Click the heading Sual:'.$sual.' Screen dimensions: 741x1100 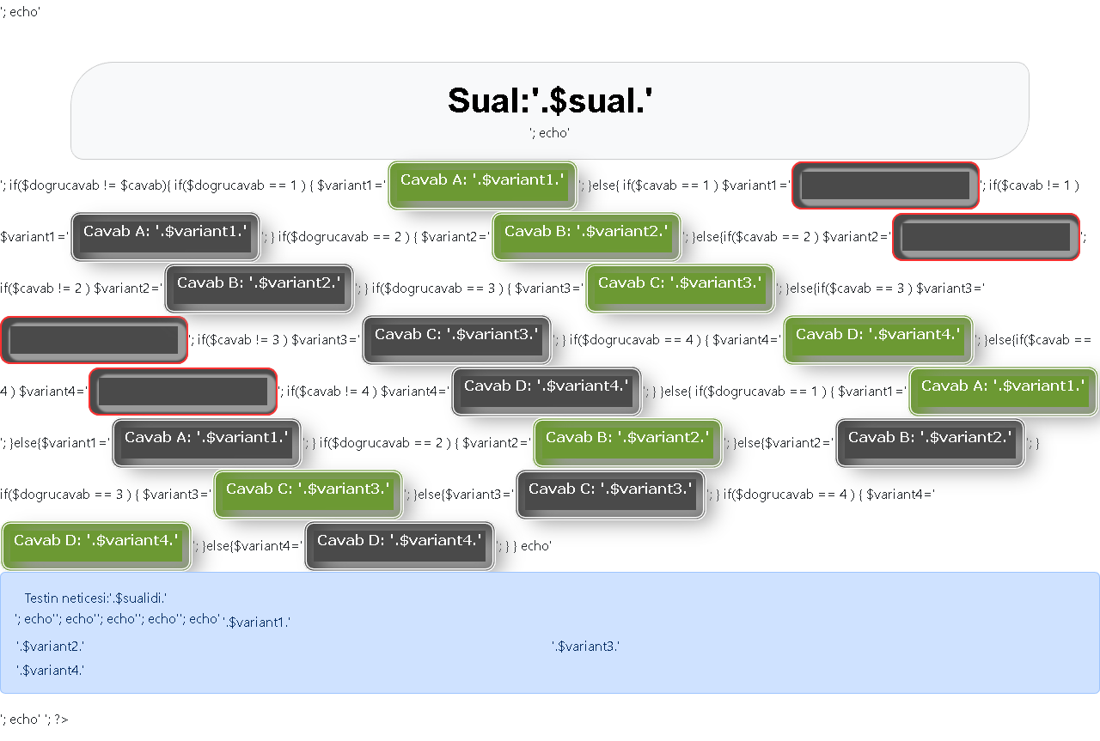550,101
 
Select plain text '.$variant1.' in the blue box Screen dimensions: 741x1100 258,622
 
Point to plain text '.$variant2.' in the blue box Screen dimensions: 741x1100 50,646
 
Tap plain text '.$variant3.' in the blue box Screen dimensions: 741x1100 586,646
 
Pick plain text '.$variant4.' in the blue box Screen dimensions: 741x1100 50,670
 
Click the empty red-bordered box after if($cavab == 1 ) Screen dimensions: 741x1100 884,185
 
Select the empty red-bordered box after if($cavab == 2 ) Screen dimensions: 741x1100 985,236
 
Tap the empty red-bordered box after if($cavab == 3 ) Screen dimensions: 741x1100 94,339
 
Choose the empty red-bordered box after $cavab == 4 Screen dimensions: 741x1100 183,391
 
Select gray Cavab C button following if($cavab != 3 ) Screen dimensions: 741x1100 456,339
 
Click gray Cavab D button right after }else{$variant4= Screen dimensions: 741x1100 399,545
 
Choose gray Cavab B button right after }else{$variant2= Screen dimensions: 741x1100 930,442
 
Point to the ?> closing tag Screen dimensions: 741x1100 61,720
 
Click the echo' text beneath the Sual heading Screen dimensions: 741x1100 550,133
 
